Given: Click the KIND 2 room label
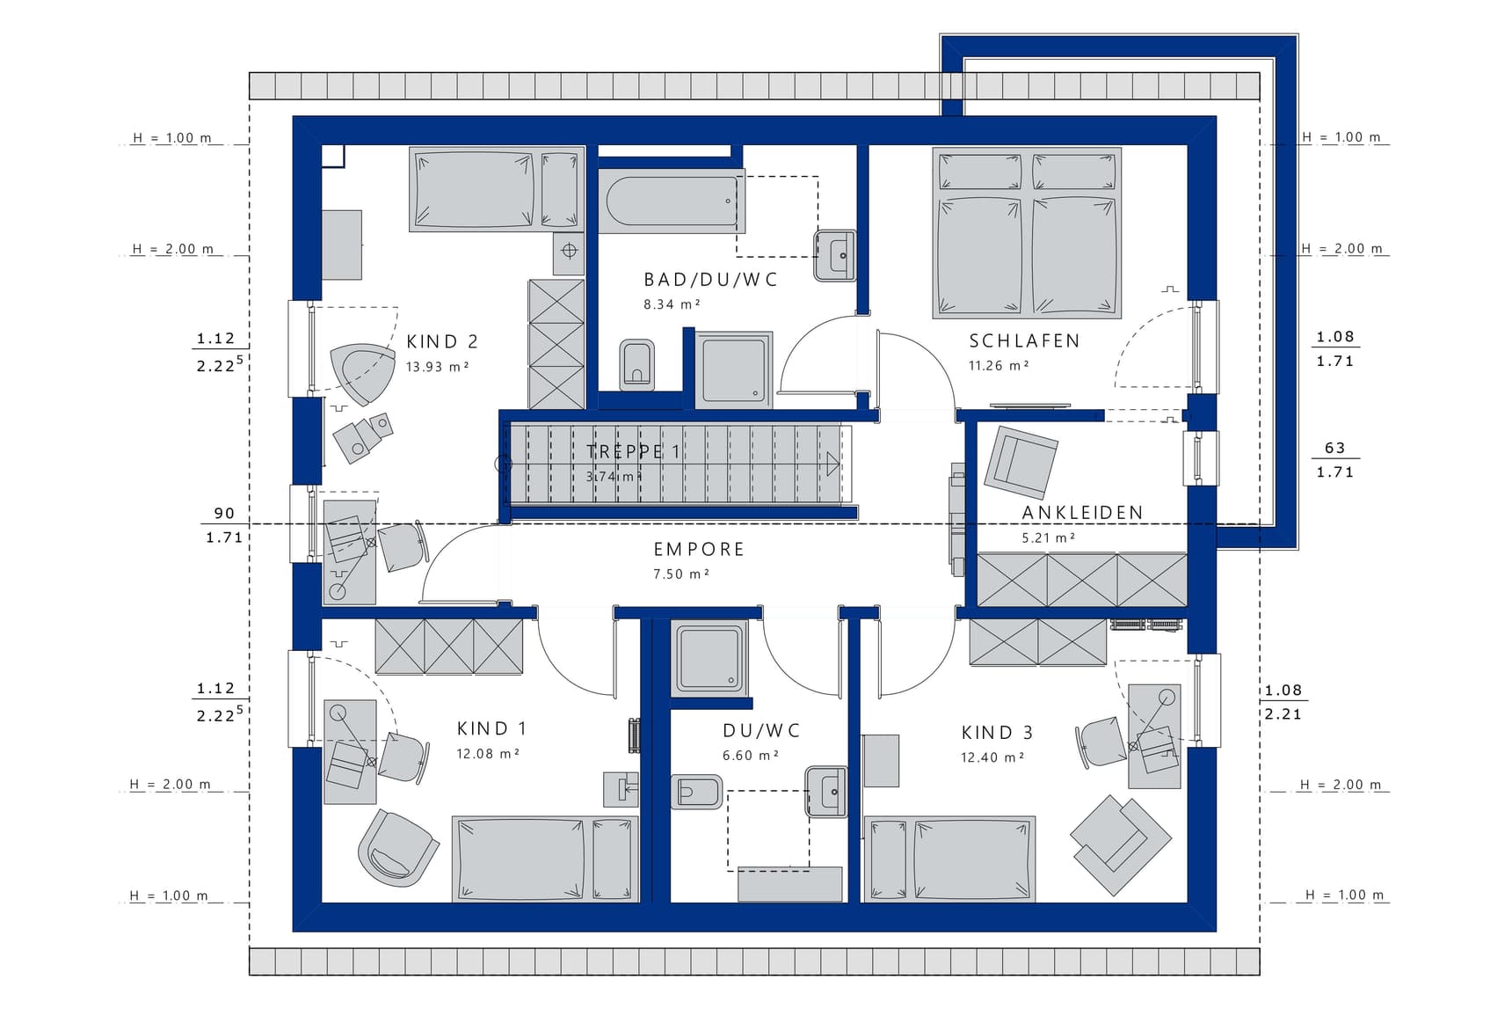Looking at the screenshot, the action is tap(442, 341).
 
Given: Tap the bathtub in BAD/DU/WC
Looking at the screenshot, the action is tap(672, 201).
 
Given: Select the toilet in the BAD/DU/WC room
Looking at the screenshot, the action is tap(637, 364).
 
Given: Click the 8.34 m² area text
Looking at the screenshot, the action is tap(672, 304).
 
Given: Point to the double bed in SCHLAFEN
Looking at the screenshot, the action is tap(1027, 233).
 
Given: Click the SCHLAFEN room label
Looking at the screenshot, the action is tap(1024, 340).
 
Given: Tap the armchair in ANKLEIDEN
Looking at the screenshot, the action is tap(1021, 461).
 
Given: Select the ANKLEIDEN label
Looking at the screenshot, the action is tap(1082, 513).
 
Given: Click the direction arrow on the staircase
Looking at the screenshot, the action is tap(832, 464).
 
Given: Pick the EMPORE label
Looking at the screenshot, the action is tap(699, 550).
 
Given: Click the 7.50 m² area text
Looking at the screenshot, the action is tap(681, 574).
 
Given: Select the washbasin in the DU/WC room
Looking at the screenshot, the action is tap(826, 792).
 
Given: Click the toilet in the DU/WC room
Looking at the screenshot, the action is tap(696, 792).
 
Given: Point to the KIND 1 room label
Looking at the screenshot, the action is tap(491, 728).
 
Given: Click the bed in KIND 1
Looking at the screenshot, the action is tap(545, 859).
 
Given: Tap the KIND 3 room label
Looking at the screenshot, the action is tap(997, 732).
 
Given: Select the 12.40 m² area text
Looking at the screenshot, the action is tap(992, 757).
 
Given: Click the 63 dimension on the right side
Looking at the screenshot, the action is tap(1334, 448).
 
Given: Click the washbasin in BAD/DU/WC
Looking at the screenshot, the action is tap(835, 255).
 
